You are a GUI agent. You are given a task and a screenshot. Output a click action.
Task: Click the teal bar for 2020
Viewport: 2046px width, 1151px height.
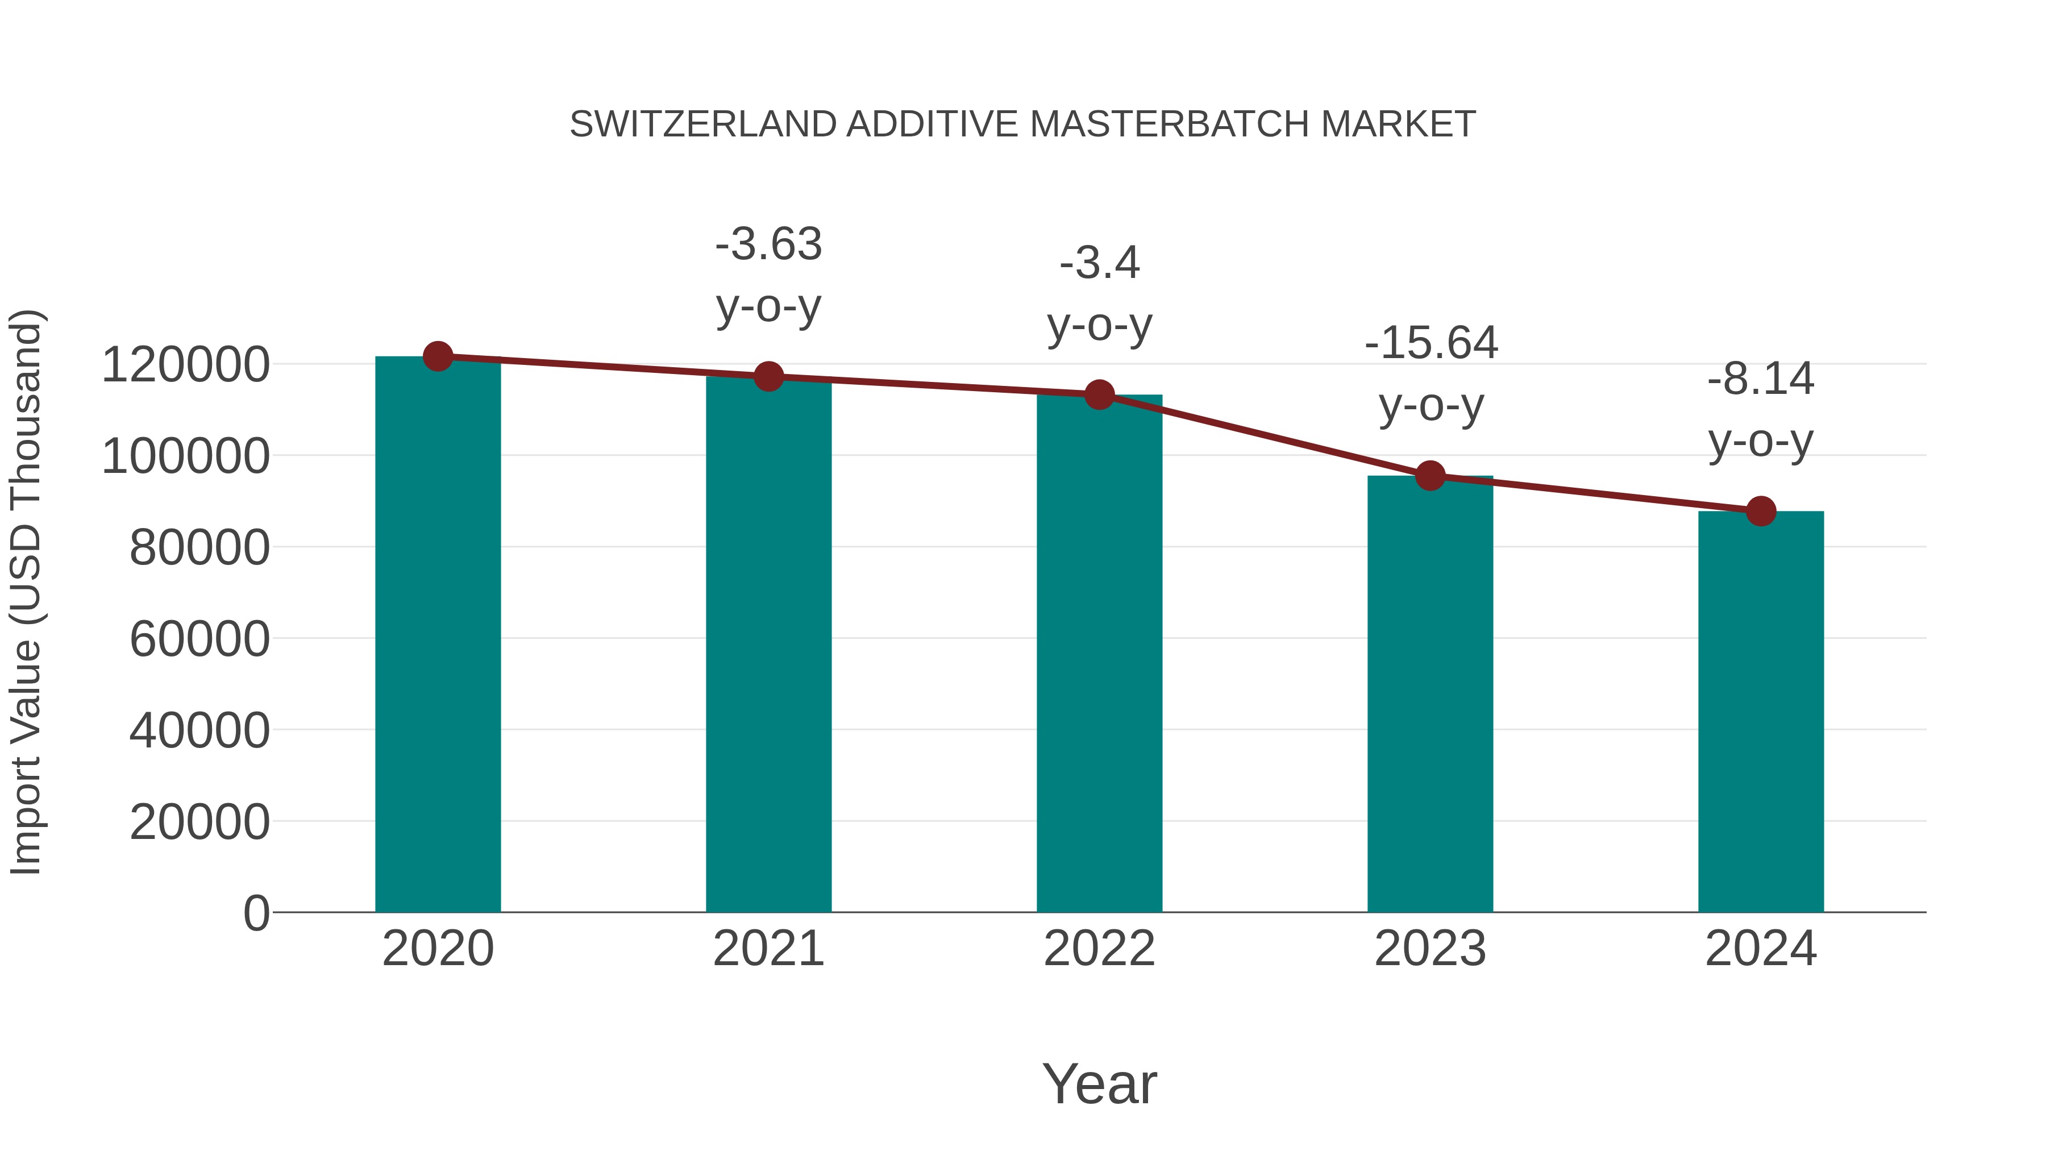[438, 635]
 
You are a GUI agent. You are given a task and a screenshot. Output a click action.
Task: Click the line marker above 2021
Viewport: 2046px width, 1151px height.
[768, 376]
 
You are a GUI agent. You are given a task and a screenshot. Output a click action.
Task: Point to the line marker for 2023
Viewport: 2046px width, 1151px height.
[1430, 476]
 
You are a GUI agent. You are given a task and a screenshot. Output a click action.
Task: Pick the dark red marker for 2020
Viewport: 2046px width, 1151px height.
[438, 356]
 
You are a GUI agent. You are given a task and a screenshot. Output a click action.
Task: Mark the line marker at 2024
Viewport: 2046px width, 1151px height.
[1761, 512]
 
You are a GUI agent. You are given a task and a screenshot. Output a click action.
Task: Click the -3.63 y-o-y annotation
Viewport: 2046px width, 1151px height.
[768, 275]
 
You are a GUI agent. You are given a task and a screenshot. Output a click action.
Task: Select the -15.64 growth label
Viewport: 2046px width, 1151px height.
[1430, 373]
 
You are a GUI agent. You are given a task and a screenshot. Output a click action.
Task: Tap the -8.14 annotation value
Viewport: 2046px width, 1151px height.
[1761, 379]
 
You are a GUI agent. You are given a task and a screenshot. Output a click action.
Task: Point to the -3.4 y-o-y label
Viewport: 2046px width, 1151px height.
[1099, 293]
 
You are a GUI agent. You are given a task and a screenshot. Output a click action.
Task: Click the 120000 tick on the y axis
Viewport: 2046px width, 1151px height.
[185, 365]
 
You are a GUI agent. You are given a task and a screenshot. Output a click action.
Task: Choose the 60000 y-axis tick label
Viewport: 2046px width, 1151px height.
[199, 639]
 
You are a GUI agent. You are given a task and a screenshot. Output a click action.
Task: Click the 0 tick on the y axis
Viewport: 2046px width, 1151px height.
[256, 913]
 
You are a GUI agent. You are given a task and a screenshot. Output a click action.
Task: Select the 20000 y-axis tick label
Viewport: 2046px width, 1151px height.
[199, 821]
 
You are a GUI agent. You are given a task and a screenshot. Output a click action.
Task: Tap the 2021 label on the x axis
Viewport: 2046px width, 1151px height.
[768, 949]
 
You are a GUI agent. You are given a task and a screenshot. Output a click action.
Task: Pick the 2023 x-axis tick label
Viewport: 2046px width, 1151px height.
[1430, 949]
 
